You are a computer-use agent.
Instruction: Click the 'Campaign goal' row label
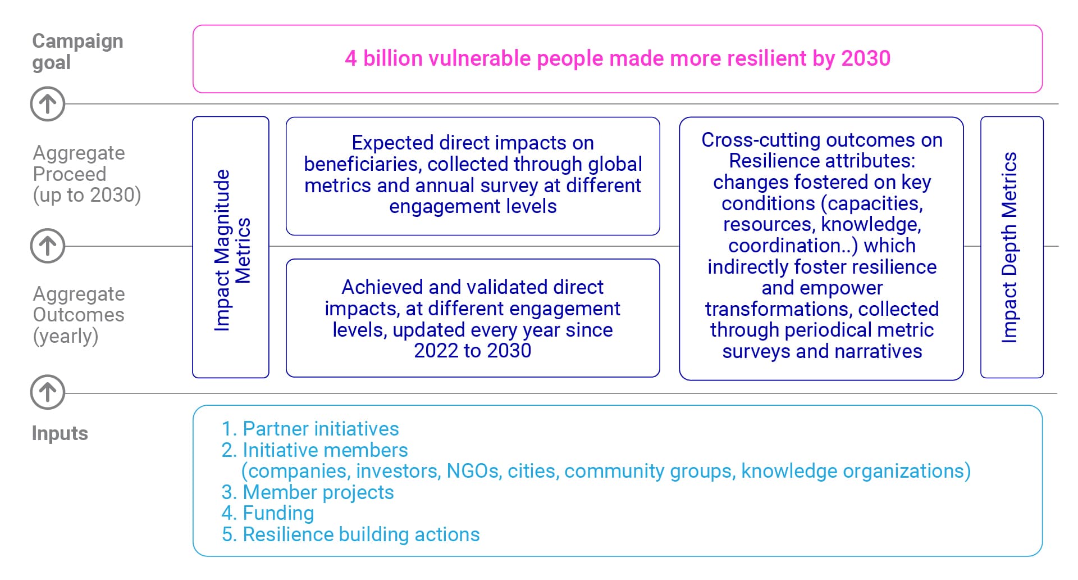click(x=77, y=51)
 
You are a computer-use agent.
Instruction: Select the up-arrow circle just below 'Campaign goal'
click(x=48, y=104)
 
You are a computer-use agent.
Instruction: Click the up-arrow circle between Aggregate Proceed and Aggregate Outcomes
click(x=48, y=246)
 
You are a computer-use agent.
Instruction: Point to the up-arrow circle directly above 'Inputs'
click(x=48, y=392)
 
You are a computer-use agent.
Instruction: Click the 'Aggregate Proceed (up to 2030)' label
click(x=86, y=174)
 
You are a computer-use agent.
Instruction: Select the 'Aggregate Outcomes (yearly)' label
click(x=79, y=315)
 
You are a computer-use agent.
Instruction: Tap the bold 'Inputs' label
click(x=60, y=433)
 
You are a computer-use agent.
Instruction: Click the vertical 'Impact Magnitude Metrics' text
click(x=231, y=250)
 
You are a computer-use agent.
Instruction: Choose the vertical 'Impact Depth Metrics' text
click(x=1009, y=247)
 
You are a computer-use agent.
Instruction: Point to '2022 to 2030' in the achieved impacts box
click(x=472, y=351)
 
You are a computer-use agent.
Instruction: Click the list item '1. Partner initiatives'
click(x=310, y=429)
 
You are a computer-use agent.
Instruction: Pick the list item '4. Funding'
click(x=268, y=513)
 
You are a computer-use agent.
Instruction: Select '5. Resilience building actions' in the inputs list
click(x=350, y=534)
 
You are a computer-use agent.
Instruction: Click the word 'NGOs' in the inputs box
click(x=473, y=471)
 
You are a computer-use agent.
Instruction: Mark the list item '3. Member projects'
click(x=308, y=492)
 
